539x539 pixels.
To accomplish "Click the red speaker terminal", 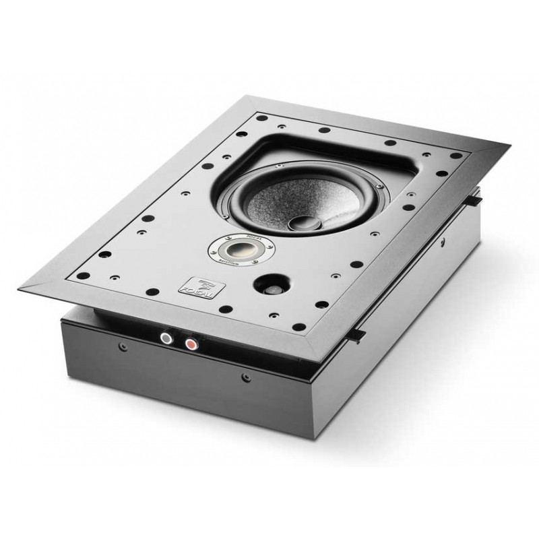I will (191, 344).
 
